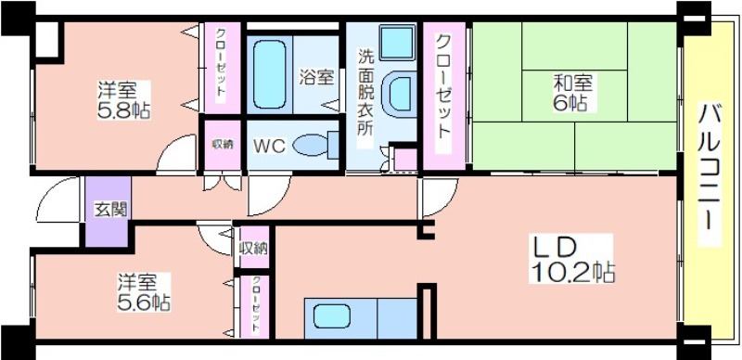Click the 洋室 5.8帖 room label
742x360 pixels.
[x=124, y=100]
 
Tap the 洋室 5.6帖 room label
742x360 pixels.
[x=144, y=292]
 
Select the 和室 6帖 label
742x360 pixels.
[x=573, y=93]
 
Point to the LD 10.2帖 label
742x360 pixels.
[x=573, y=260]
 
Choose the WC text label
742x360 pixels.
[x=269, y=147]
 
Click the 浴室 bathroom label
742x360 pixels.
[x=316, y=77]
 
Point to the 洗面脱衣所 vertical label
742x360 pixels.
[x=365, y=93]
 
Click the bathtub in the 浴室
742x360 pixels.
[x=269, y=74]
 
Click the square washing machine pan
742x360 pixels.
[x=397, y=43]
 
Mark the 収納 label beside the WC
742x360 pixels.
[x=222, y=145]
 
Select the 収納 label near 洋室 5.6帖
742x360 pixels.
[x=254, y=248]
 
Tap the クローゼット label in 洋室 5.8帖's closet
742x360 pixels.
[x=221, y=63]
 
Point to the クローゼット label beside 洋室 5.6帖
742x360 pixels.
[x=255, y=305]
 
